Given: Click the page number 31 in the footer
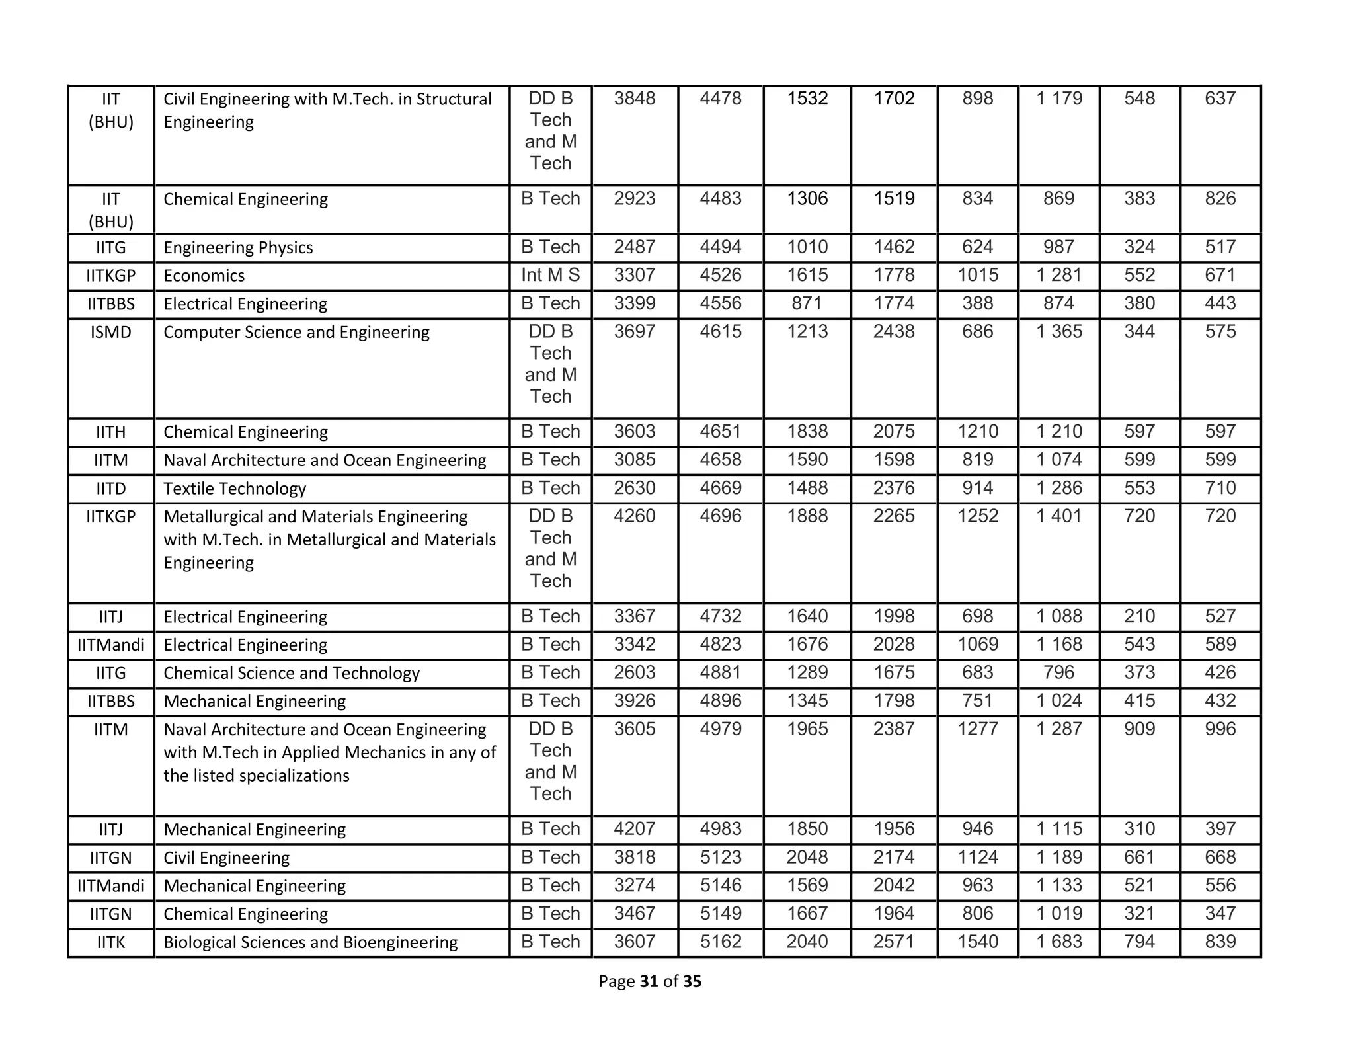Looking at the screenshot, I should point(649,981).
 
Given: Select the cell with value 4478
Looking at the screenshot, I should point(721,99).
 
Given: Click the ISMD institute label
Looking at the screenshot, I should point(111,332).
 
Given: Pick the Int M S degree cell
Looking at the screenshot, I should point(550,275).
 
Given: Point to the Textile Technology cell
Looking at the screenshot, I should point(235,489).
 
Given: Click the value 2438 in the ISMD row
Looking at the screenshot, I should point(894,331).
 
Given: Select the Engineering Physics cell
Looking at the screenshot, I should point(238,247).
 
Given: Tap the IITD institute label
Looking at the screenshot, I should point(111,489).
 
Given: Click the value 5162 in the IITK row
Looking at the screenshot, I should point(721,942).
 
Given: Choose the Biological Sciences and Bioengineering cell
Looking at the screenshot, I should point(310,942).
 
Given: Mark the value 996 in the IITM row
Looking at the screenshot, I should point(1220,729).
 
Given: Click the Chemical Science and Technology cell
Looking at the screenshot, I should point(292,673).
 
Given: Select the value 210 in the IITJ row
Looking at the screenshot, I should point(1139,616).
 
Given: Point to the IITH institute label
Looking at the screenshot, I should point(111,432).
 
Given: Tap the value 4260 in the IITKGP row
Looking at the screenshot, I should point(634,516).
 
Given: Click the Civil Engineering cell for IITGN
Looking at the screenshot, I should point(226,858).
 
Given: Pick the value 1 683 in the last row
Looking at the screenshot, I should point(1058,942).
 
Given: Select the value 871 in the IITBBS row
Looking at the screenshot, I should point(807,303).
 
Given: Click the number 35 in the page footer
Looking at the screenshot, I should point(692,981).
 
